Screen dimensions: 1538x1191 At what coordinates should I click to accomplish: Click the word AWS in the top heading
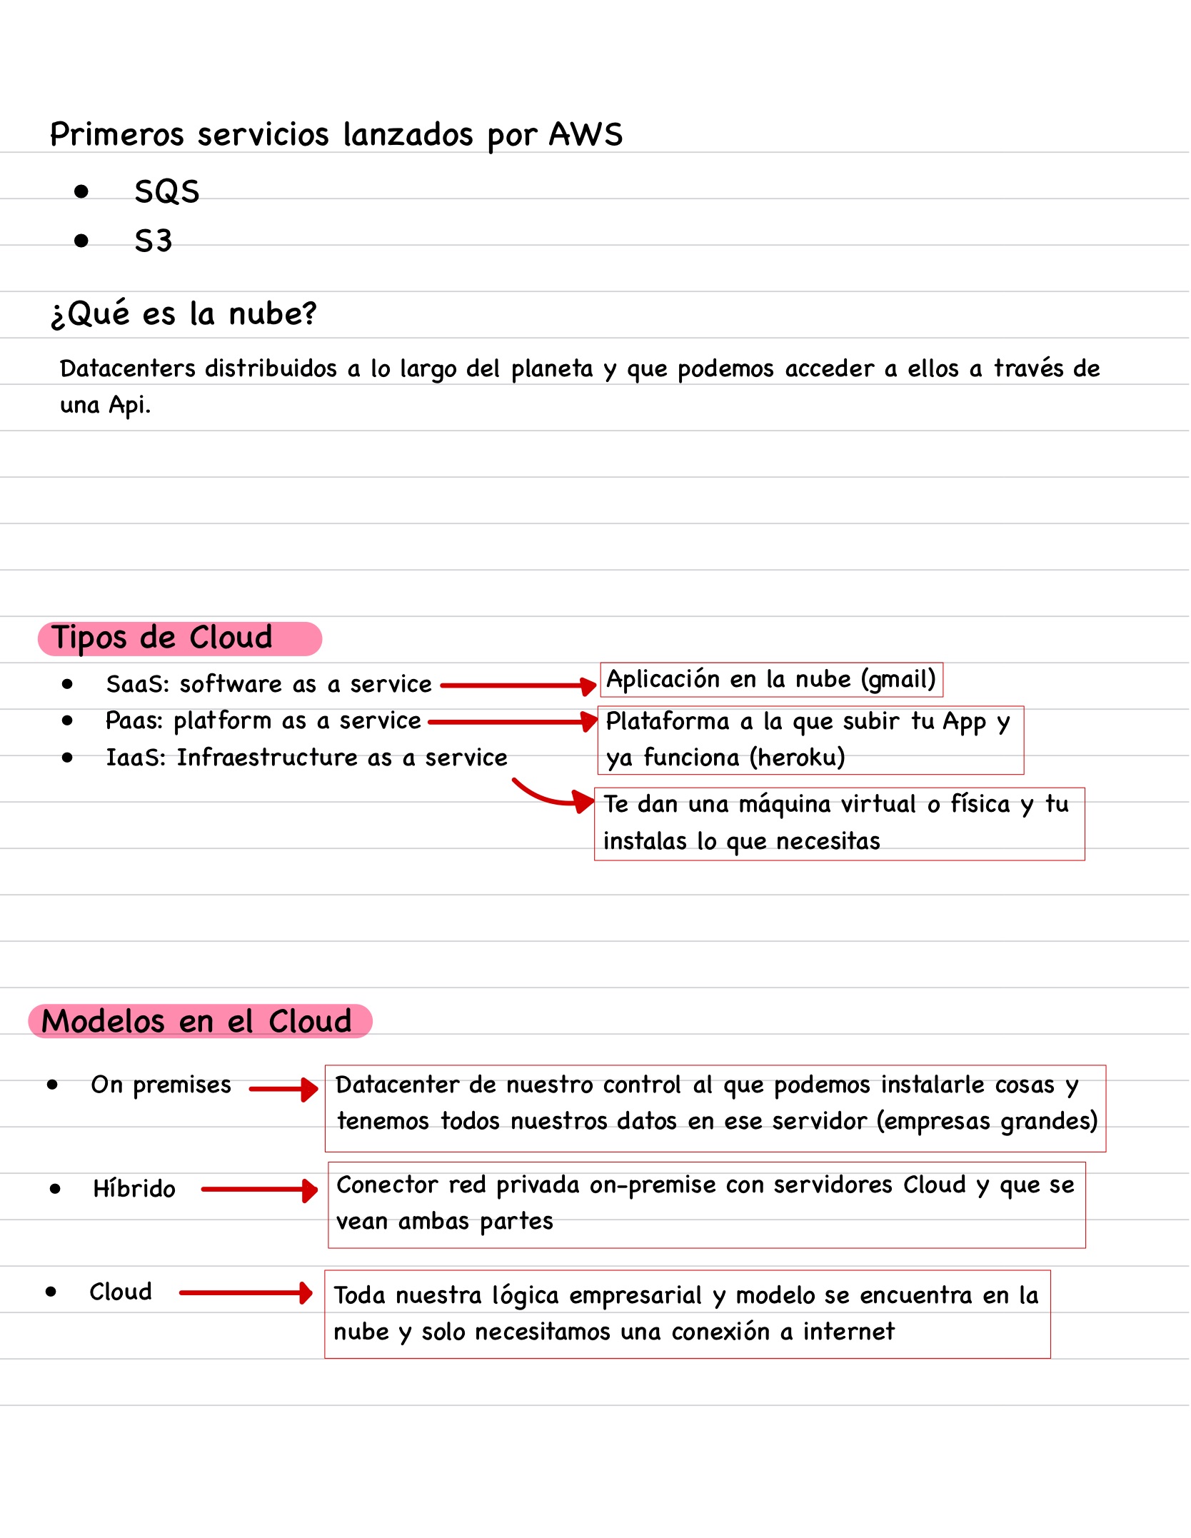click(x=586, y=134)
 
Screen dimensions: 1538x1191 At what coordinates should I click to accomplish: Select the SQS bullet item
click(x=167, y=191)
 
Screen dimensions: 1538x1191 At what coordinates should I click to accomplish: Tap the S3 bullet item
click(x=154, y=241)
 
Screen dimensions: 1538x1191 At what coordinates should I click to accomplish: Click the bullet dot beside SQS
click(x=81, y=191)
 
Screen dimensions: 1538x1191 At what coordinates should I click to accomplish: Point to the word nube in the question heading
click(x=272, y=313)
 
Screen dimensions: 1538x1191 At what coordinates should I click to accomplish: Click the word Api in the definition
click(x=129, y=405)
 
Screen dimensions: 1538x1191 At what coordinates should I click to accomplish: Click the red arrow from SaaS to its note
click(x=518, y=685)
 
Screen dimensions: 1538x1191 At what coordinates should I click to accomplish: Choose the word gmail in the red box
click(x=898, y=679)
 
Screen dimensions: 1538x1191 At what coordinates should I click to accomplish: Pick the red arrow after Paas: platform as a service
click(x=513, y=722)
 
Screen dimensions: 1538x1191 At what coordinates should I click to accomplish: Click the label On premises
click(x=161, y=1085)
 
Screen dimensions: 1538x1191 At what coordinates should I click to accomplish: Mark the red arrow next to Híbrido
click(x=260, y=1190)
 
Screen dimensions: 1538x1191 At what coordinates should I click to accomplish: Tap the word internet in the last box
click(x=848, y=1332)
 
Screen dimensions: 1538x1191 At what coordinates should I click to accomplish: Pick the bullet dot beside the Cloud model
click(x=51, y=1292)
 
